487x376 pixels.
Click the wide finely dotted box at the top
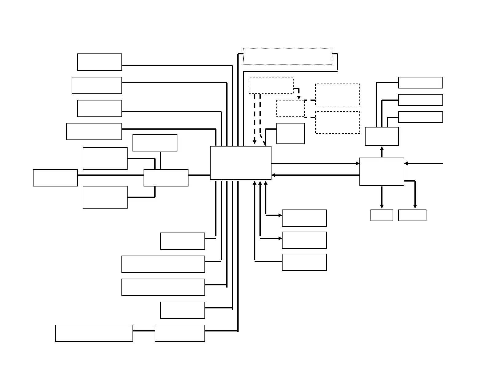click(x=287, y=57)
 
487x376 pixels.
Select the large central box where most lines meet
click(x=241, y=163)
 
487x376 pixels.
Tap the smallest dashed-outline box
click(x=291, y=108)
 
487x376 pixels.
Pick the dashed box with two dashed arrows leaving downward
click(x=271, y=85)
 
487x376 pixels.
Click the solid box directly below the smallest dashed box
click(x=291, y=133)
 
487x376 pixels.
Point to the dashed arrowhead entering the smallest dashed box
click(x=299, y=97)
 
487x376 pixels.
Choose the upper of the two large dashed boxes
click(x=338, y=95)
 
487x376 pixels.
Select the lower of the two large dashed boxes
click(x=338, y=123)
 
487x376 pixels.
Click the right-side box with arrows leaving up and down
click(x=382, y=172)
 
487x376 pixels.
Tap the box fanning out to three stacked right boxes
click(x=382, y=136)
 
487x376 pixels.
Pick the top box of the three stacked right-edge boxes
click(x=420, y=83)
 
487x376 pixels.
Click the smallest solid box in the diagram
click(x=382, y=215)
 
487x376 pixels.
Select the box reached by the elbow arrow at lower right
click(x=412, y=215)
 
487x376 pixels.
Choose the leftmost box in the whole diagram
click(x=55, y=178)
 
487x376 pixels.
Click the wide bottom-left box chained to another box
click(x=94, y=333)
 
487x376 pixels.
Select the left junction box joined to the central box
click(x=166, y=178)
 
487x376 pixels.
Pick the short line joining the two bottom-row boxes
click(x=144, y=331)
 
